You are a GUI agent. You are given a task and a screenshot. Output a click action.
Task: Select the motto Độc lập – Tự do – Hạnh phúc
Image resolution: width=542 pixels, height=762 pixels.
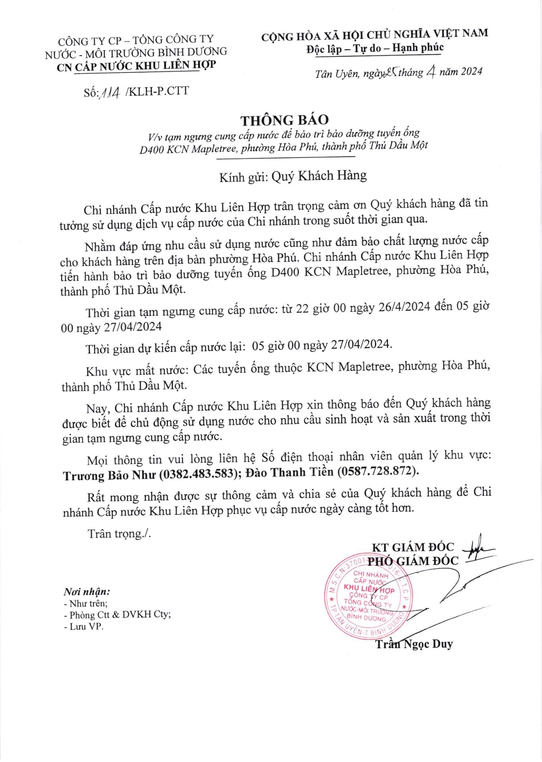[375, 48]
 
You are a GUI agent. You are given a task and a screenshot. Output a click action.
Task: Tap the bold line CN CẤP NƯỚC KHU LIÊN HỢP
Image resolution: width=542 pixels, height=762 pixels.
[136, 66]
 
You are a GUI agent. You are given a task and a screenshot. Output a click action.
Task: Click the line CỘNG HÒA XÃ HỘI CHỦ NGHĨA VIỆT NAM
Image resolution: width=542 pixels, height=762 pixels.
[375, 33]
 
